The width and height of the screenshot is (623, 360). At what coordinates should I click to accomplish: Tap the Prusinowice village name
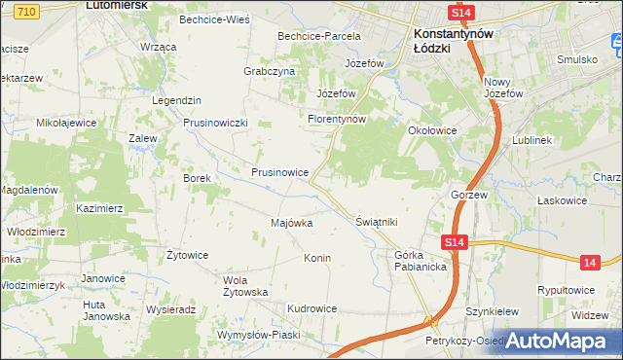pos(280,172)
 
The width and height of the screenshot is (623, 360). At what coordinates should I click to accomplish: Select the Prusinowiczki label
pos(217,123)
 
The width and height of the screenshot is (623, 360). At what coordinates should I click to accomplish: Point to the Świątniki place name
pos(377,222)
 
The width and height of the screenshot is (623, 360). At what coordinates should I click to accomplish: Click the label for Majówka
pos(291,223)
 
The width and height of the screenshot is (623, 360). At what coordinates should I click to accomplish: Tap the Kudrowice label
pos(311,308)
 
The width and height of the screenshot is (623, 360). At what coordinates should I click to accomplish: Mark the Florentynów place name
pos(336,119)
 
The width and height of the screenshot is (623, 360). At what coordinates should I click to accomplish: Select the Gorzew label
pos(468,195)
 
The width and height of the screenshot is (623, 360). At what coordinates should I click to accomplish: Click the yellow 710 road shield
pos(27,9)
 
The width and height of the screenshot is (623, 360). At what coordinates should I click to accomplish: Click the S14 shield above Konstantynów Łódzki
pos(461,12)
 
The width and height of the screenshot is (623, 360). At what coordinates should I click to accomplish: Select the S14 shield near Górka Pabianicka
pos(453,242)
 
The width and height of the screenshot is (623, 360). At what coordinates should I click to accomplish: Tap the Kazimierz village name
pos(99,208)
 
